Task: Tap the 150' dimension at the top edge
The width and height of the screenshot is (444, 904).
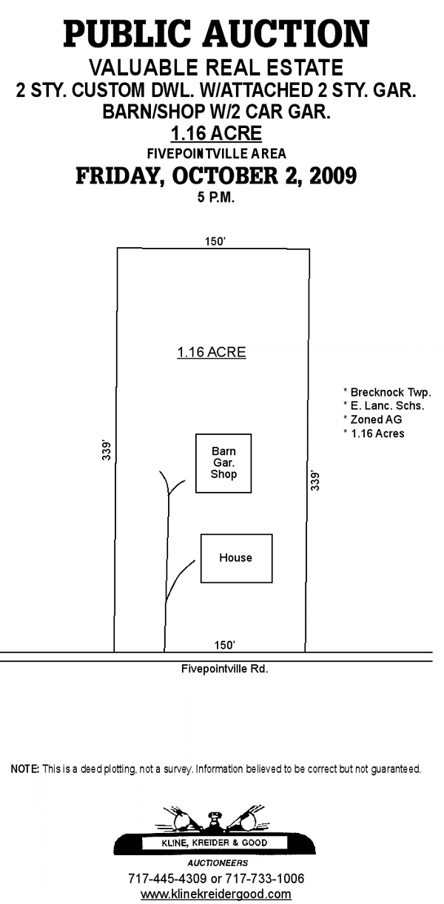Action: pos(215,241)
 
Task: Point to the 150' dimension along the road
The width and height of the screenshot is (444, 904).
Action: pos(224,645)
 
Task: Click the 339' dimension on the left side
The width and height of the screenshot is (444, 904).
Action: pos(107,451)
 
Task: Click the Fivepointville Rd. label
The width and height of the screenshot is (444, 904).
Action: pos(224,669)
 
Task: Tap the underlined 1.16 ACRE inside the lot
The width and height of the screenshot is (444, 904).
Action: pos(212,352)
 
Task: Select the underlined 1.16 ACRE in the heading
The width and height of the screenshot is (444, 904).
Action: pos(216,133)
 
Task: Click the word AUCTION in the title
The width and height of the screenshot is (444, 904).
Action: pos(286,34)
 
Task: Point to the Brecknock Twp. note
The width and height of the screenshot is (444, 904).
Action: pos(388,392)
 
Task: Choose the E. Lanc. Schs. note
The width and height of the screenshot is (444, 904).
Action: pos(384,405)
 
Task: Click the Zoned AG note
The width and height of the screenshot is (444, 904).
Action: pos(372,419)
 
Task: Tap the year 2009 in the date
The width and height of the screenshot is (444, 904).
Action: pos(333,175)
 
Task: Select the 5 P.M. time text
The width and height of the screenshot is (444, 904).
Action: pos(216,198)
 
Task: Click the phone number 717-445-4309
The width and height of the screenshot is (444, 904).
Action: pos(167,879)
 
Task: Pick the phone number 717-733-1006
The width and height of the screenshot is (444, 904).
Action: pos(264,879)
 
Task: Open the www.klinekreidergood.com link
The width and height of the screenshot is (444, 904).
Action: pos(215,894)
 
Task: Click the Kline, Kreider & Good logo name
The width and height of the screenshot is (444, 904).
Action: pos(215,843)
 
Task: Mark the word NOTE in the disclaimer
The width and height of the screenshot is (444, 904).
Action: pos(24,769)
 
